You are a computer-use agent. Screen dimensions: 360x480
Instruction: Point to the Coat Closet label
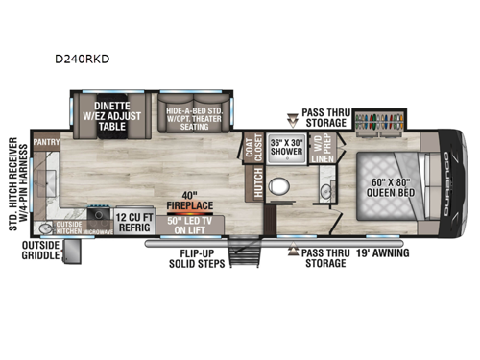coord(254,147)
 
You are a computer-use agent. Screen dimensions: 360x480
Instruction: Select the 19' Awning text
coord(382,253)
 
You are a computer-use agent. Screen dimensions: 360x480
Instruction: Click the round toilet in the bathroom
coord(280,185)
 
